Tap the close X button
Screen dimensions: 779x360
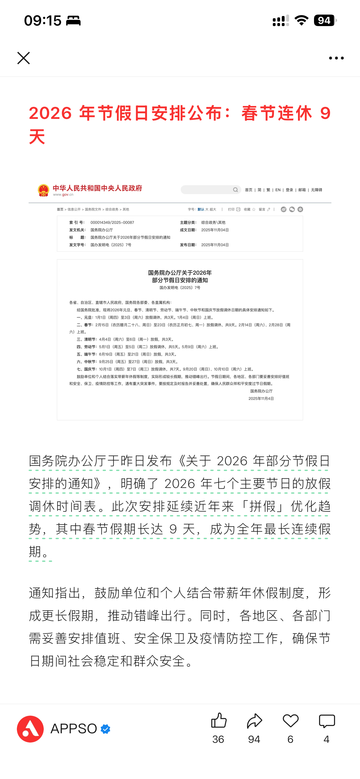23,58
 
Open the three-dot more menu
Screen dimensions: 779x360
336,58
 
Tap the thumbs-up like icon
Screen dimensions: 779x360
218,721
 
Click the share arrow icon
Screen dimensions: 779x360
254,721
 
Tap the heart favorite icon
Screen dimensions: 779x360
290,721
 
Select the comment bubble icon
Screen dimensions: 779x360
327,721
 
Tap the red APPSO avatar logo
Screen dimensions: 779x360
30,729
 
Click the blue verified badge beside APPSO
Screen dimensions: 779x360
105,729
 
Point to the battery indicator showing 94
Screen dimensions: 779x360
325,20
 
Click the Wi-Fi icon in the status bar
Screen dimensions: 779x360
301,20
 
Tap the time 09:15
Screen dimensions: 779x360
43,20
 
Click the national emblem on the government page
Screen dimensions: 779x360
43,190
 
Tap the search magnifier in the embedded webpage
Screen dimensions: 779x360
236,190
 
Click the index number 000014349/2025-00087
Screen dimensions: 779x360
112,223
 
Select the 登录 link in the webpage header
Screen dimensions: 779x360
289,190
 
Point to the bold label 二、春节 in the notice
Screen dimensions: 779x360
85,325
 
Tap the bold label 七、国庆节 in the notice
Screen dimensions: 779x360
86,369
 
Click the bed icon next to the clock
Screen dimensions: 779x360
73,20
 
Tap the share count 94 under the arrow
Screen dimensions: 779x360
254,739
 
